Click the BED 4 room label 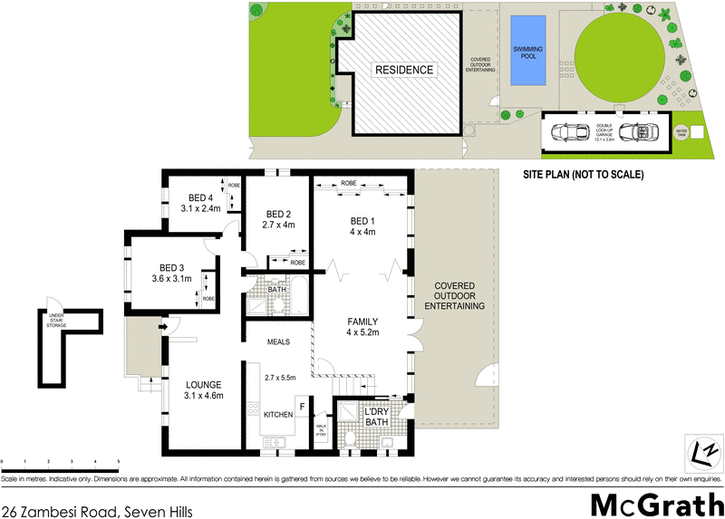coord(200,197)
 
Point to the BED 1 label coord(362,221)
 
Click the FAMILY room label coord(362,322)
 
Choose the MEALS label coord(279,342)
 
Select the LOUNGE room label coord(204,383)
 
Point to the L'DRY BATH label coord(376,418)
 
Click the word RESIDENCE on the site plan coord(405,70)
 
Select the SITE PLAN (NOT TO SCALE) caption coord(584,175)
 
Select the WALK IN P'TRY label coord(321,430)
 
